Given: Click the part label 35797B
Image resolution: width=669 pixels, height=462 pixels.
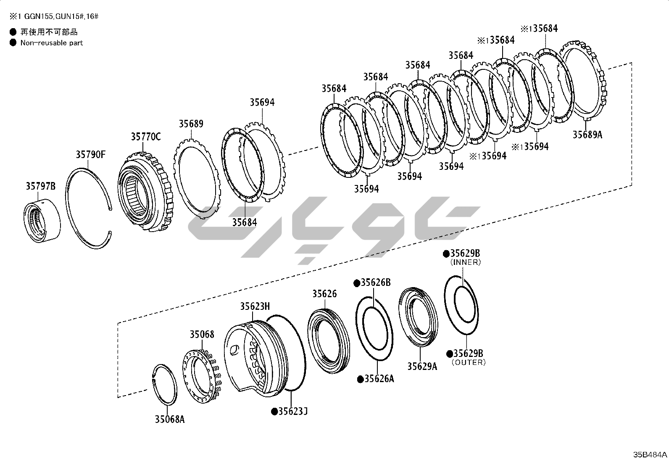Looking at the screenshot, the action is coord(41,186).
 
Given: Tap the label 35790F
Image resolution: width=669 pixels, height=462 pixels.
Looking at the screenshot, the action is coord(90,155).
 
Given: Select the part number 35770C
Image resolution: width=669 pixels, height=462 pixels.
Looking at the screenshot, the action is coord(146,137).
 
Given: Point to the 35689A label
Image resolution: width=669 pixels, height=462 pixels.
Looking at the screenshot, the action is coord(587,135).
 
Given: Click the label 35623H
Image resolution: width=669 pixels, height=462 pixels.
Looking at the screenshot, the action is coord(255,306).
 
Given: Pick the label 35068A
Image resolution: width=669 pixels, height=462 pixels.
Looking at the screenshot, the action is coord(170,419).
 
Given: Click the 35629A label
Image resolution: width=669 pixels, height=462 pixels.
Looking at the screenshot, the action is coord(422,367).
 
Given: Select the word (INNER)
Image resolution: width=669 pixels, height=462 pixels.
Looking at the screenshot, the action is coord(466,262).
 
